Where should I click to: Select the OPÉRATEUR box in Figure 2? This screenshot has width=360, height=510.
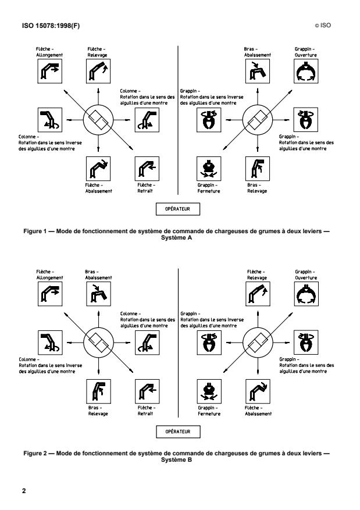[x=177, y=431]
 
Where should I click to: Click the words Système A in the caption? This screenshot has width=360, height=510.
[x=180, y=237]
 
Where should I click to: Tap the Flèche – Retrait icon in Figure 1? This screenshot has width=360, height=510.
[x=145, y=167]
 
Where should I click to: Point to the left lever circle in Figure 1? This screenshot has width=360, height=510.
[x=97, y=119]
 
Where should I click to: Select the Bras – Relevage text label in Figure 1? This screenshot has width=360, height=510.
[x=257, y=188]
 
